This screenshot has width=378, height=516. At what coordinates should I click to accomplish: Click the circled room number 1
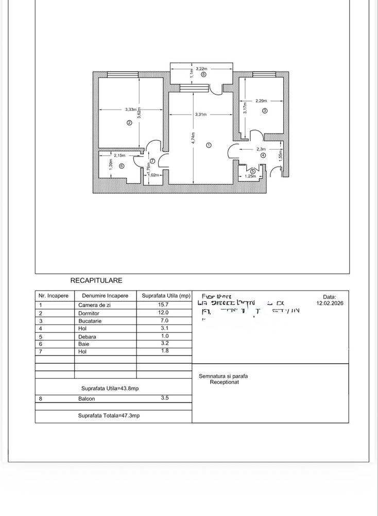click(209, 145)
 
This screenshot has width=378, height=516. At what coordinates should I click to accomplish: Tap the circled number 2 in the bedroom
click(129, 123)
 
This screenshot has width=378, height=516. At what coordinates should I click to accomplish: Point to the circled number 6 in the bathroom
click(122, 166)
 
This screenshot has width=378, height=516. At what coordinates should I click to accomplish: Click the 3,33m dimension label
click(131, 109)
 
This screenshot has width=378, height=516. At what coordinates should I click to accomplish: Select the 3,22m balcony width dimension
click(201, 69)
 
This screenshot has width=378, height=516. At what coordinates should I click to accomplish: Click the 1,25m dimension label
click(250, 176)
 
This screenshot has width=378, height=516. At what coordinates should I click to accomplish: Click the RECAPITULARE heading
click(96, 281)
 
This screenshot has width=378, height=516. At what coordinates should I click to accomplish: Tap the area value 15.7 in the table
click(163, 304)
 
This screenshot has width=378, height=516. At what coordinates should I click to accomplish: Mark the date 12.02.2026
click(329, 303)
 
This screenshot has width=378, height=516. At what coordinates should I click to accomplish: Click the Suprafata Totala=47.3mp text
click(109, 415)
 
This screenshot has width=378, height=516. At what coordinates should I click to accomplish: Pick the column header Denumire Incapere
click(105, 296)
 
